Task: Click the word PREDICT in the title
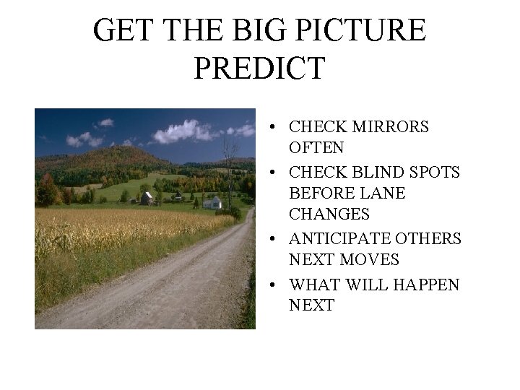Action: tap(260, 68)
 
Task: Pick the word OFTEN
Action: tap(317, 148)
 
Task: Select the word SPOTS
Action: tap(435, 173)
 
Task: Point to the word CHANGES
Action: tap(329, 214)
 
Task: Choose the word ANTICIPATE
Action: tap(347, 239)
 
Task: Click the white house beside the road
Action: tap(212, 202)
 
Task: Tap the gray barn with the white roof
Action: tap(147, 197)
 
